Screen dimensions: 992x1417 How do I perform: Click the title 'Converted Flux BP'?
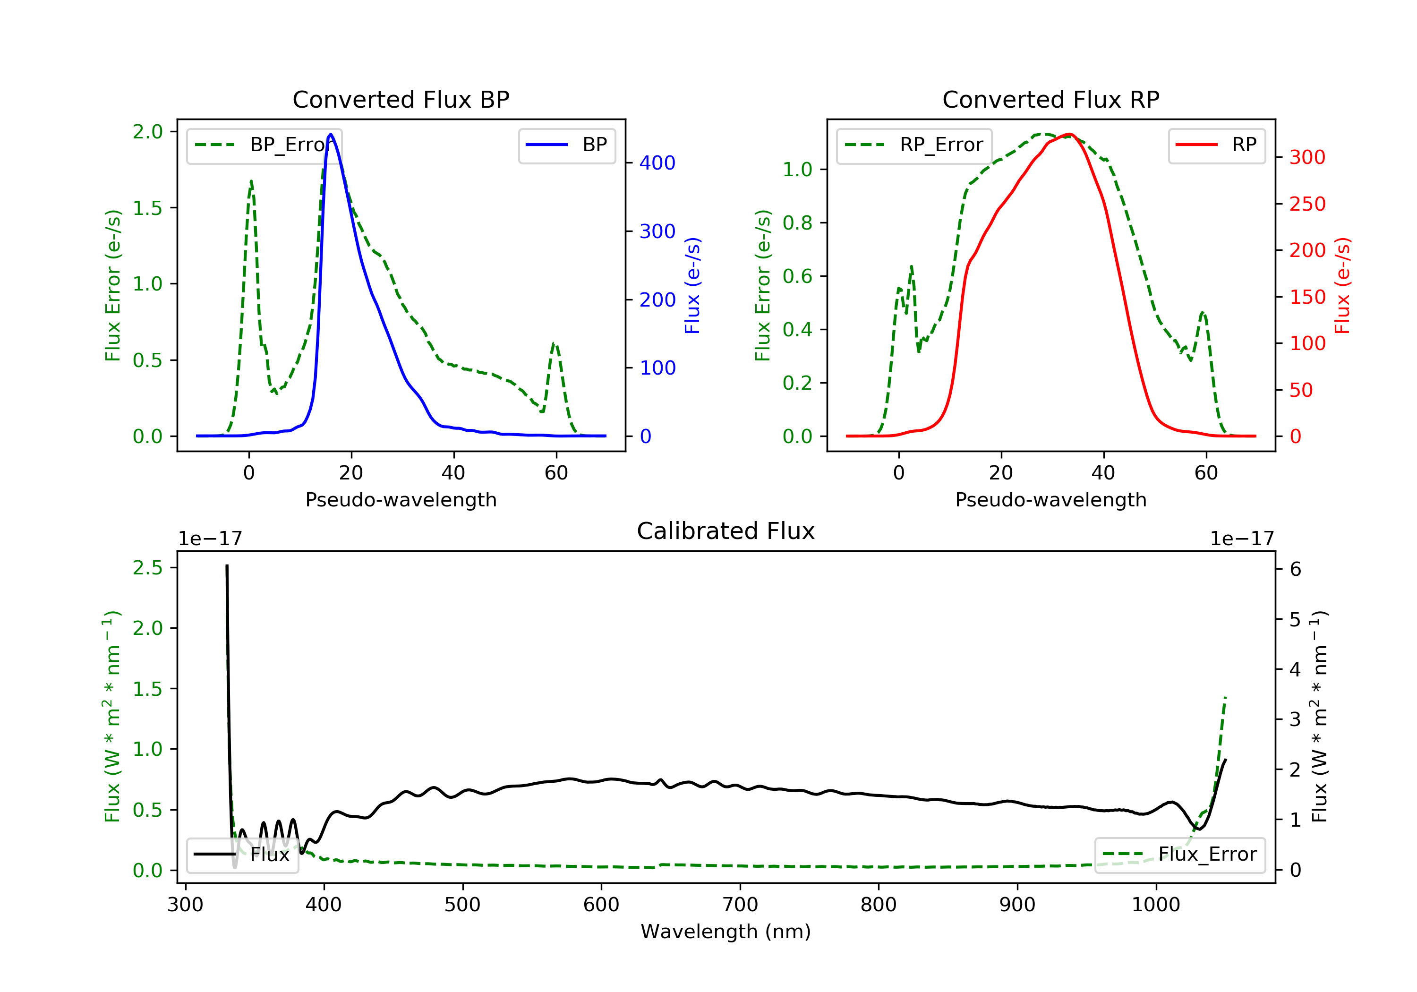tap(401, 99)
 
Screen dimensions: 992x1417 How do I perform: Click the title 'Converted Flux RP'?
tap(1050, 99)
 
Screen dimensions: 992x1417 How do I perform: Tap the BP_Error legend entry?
tap(264, 145)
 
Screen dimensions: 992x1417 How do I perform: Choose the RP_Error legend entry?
tap(914, 145)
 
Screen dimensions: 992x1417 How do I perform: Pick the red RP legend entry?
tap(1216, 145)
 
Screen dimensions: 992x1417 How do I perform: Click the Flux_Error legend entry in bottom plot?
tap(1179, 855)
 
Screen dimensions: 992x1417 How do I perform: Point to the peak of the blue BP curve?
tap(331, 134)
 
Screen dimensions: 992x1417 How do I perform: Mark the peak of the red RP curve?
tap(1069, 134)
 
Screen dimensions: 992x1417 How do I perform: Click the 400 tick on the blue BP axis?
tap(657, 163)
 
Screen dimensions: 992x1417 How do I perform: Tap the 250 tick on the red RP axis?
tap(1307, 204)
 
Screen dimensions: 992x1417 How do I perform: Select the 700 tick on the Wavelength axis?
tap(740, 905)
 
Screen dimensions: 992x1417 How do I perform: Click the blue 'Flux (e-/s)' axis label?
tap(692, 285)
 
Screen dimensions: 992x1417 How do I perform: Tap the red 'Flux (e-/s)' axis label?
tap(1342, 285)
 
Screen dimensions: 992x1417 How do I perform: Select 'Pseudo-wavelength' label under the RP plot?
tap(1050, 499)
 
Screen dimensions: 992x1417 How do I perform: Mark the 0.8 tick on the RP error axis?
tap(797, 223)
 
